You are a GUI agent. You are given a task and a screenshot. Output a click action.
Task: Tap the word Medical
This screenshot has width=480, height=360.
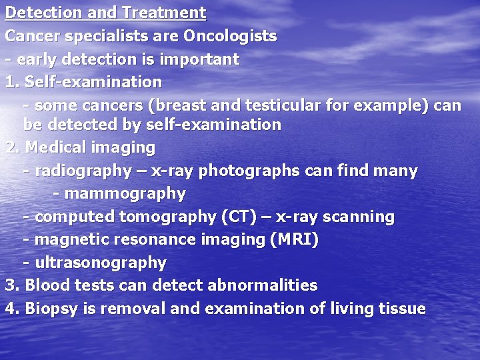(x=53, y=147)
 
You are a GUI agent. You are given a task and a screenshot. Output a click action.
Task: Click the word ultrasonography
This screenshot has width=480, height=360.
(x=101, y=263)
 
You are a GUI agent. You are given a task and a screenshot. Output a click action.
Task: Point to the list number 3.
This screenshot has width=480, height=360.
(x=10, y=285)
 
